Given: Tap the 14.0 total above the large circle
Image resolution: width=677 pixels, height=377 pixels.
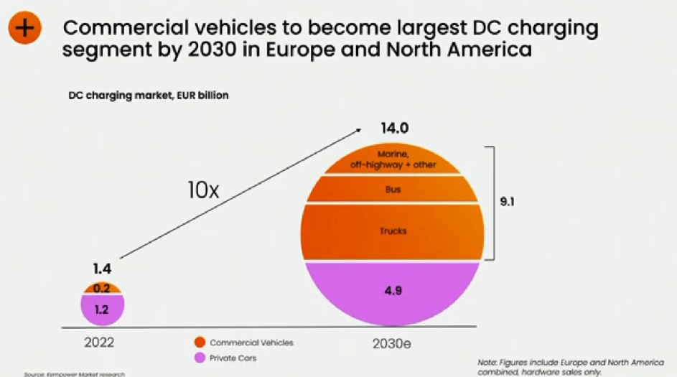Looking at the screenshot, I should [x=394, y=129].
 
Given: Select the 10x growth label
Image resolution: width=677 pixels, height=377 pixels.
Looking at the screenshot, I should [x=202, y=190].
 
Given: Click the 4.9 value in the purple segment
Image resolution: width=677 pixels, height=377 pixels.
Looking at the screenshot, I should [x=392, y=292].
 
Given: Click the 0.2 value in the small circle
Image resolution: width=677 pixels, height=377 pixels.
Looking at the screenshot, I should [x=103, y=289].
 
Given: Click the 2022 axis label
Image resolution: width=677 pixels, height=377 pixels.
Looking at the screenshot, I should [x=99, y=343].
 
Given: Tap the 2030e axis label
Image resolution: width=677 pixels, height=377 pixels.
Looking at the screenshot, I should [x=391, y=343].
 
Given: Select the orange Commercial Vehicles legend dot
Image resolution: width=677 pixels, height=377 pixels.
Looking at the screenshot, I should [x=199, y=343].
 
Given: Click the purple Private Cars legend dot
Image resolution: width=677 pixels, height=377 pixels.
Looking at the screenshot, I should [x=199, y=357].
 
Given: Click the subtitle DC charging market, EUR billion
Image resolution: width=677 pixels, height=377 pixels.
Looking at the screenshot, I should [x=149, y=95].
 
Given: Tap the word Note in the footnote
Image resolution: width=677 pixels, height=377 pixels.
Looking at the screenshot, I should [x=486, y=361].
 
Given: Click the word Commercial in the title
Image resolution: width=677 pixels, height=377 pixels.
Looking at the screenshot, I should [x=121, y=28].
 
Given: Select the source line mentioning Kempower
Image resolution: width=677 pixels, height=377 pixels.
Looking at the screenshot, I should [x=69, y=374].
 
